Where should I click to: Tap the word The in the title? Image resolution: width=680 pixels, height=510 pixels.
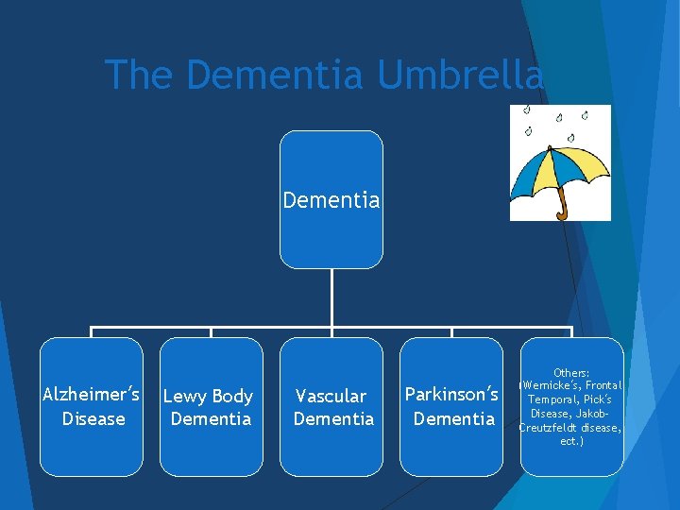coord(137,76)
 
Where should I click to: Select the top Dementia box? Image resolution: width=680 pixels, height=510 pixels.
coord(331,200)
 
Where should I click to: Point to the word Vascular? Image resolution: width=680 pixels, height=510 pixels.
coord(331,397)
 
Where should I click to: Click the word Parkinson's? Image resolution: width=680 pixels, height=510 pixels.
coord(451,394)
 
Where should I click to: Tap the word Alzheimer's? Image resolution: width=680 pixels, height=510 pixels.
coord(92,394)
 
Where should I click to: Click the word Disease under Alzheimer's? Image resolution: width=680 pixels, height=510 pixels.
coord(93,418)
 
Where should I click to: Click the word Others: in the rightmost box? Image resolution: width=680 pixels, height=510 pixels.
coord(571,373)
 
